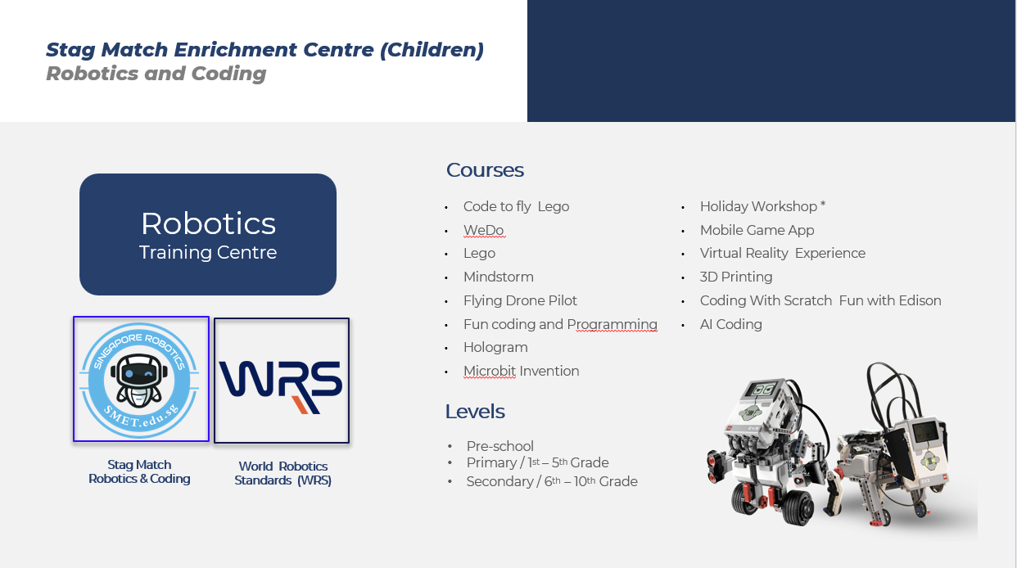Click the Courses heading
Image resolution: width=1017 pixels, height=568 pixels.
[x=485, y=170]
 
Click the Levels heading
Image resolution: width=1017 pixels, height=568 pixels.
[x=475, y=412]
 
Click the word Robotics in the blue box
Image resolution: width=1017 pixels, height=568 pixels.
[x=208, y=223]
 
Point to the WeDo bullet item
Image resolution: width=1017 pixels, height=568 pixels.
[x=484, y=230]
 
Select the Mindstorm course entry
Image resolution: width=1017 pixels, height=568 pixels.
[x=499, y=277]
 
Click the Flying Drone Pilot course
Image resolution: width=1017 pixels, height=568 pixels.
[x=520, y=300]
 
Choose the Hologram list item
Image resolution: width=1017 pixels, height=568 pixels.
[x=495, y=348]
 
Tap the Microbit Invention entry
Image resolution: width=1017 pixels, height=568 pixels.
[x=522, y=371]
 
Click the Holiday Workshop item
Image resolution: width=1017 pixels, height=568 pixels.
[x=763, y=206]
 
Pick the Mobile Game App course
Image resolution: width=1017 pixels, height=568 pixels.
[x=757, y=230]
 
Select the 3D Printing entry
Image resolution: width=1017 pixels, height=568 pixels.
[x=736, y=277]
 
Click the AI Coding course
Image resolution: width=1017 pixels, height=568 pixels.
[x=731, y=324]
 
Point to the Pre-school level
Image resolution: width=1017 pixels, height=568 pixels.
[x=499, y=446]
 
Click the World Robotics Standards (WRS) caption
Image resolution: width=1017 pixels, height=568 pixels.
[x=282, y=473]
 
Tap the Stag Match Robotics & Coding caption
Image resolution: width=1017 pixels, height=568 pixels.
[x=139, y=471]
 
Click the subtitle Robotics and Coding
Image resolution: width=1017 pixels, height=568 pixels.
[x=156, y=74]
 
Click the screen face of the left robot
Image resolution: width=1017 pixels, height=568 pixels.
[x=764, y=390]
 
